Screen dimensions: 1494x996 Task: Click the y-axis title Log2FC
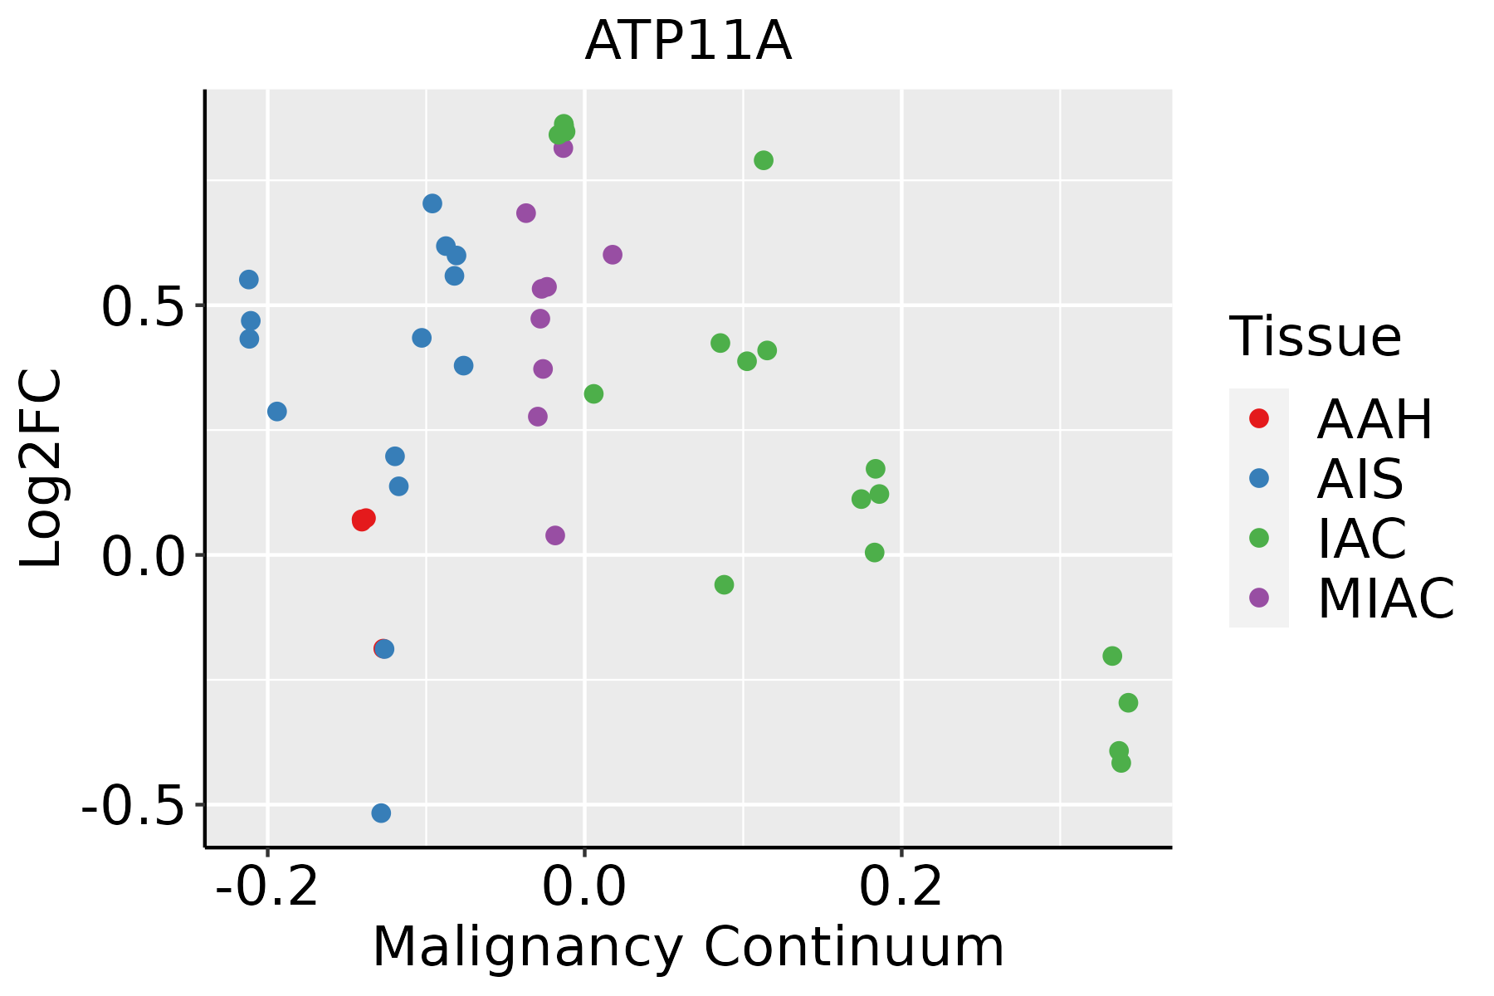[41, 468]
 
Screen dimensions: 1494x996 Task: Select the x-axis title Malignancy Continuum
[688, 948]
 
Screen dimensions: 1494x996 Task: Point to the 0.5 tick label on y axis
[142, 306]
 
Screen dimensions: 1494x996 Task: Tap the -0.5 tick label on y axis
[132, 805]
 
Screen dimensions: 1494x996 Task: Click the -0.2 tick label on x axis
[267, 887]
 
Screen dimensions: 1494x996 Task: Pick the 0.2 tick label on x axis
[901, 887]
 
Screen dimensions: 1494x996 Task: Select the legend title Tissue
[1316, 337]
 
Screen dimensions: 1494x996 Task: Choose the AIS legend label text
[1360, 479]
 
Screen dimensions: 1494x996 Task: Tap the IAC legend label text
[1362, 539]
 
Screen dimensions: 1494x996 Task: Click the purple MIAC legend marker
[1259, 598]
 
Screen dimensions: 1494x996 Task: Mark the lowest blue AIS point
[381, 813]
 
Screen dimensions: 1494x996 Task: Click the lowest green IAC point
[1121, 763]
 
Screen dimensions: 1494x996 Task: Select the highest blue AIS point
[432, 203]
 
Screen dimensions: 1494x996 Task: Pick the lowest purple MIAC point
[555, 535]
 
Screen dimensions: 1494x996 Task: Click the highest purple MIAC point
[564, 149]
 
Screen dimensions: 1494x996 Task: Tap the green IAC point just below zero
[724, 585]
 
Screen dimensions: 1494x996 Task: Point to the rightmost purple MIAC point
[613, 255]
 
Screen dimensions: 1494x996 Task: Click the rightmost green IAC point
[1128, 703]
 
